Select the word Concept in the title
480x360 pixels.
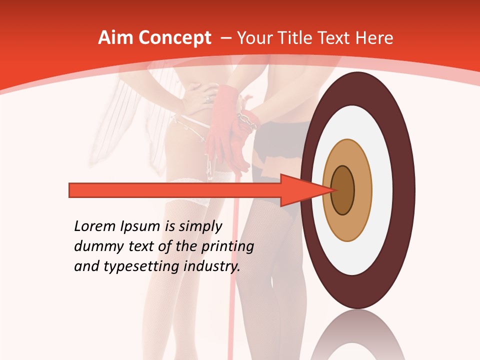click(174, 38)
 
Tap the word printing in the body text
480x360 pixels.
click(228, 247)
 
